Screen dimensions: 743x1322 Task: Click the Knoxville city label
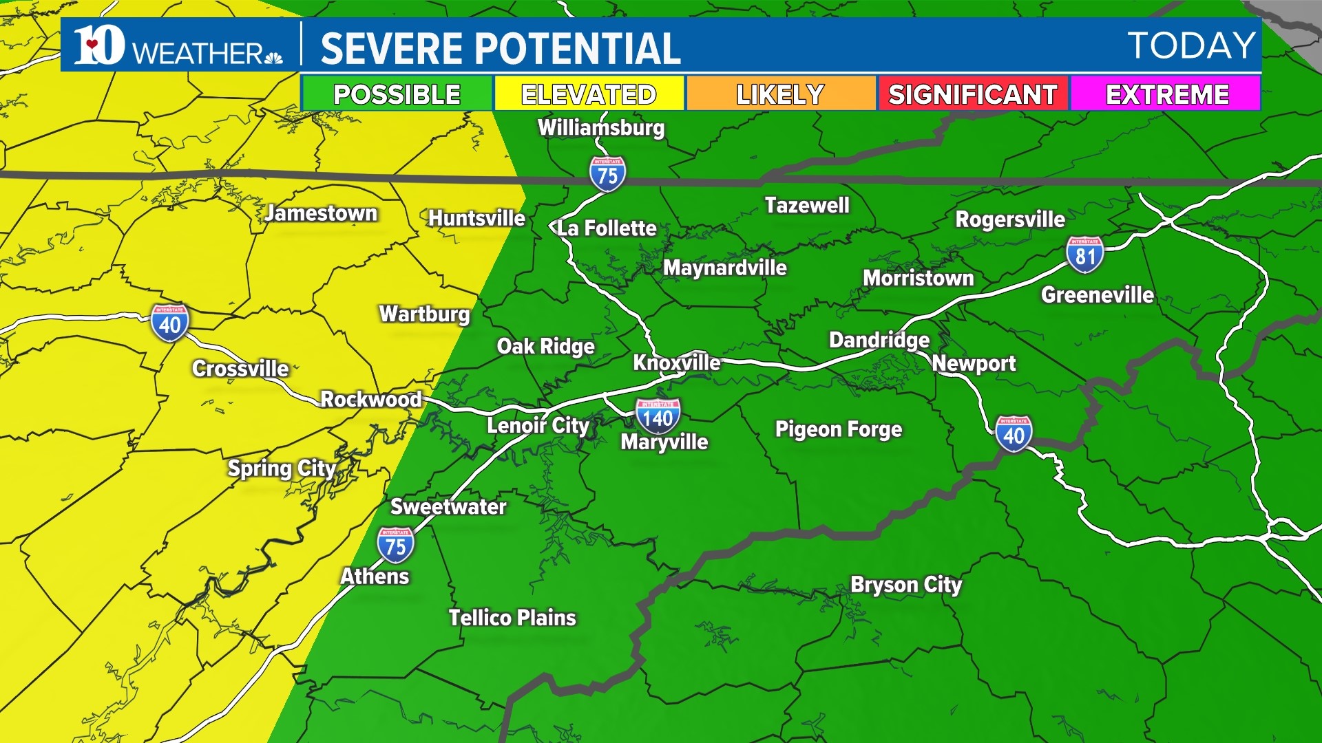pyautogui.click(x=676, y=363)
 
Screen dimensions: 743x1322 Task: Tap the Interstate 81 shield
pyautogui.click(x=1084, y=255)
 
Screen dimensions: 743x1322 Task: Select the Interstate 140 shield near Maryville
pyautogui.click(x=658, y=416)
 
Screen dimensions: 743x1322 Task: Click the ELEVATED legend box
pyautogui.click(x=589, y=94)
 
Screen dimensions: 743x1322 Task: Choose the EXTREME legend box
pyautogui.click(x=1166, y=94)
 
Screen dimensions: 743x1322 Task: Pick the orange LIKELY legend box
pyautogui.click(x=780, y=94)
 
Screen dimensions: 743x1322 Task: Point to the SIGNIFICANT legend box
pyautogui.click(x=972, y=94)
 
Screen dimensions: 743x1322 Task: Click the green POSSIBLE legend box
pyautogui.click(x=397, y=94)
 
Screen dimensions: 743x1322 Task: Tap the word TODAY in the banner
pyautogui.click(x=1191, y=46)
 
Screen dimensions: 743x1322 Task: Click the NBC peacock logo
pyautogui.click(x=273, y=57)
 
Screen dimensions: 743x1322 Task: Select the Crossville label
pyautogui.click(x=240, y=369)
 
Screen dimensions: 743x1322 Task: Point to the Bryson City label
pyautogui.click(x=906, y=585)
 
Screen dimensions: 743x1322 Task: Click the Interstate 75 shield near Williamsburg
pyautogui.click(x=607, y=175)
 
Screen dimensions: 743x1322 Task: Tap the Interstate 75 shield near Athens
pyautogui.click(x=395, y=546)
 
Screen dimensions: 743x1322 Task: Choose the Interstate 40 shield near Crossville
pyautogui.click(x=169, y=323)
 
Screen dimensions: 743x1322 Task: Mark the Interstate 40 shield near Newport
pyautogui.click(x=1014, y=434)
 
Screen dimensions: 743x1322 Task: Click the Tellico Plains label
pyautogui.click(x=512, y=618)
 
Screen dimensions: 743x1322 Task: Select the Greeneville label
pyautogui.click(x=1098, y=295)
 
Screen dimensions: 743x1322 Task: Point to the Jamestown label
pyautogui.click(x=321, y=213)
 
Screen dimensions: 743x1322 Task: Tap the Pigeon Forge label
pyautogui.click(x=839, y=429)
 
